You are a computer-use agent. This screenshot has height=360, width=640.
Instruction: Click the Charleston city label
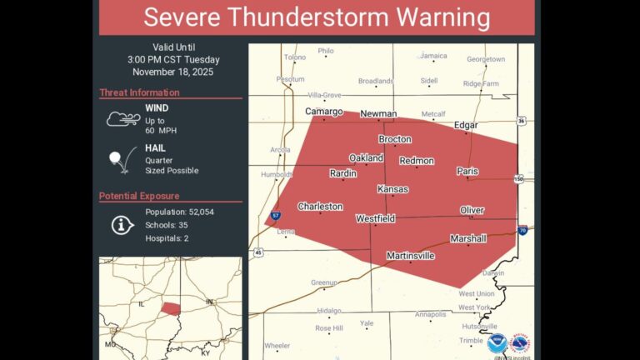[320, 206]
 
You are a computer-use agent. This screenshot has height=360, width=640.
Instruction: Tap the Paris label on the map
[467, 171]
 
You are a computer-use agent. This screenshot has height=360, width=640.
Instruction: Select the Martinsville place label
[410, 256]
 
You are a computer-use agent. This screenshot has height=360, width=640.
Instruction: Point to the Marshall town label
[467, 238]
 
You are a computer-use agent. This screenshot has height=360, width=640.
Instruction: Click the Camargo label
[323, 112]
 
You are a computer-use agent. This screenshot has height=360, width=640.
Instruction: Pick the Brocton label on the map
[395, 139]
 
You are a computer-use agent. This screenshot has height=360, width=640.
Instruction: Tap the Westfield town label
[375, 218]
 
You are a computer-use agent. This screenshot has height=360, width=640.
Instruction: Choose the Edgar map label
[466, 125]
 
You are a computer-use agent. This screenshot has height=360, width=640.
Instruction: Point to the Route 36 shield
[521, 121]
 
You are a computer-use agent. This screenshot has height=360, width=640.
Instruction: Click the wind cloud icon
[122, 119]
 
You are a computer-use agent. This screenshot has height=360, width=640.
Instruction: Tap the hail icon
[121, 159]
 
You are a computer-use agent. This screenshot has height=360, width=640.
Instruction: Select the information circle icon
[122, 224]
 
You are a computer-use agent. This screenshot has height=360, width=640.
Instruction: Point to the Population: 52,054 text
[179, 212]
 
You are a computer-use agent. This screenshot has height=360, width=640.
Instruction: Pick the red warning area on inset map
[170, 308]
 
